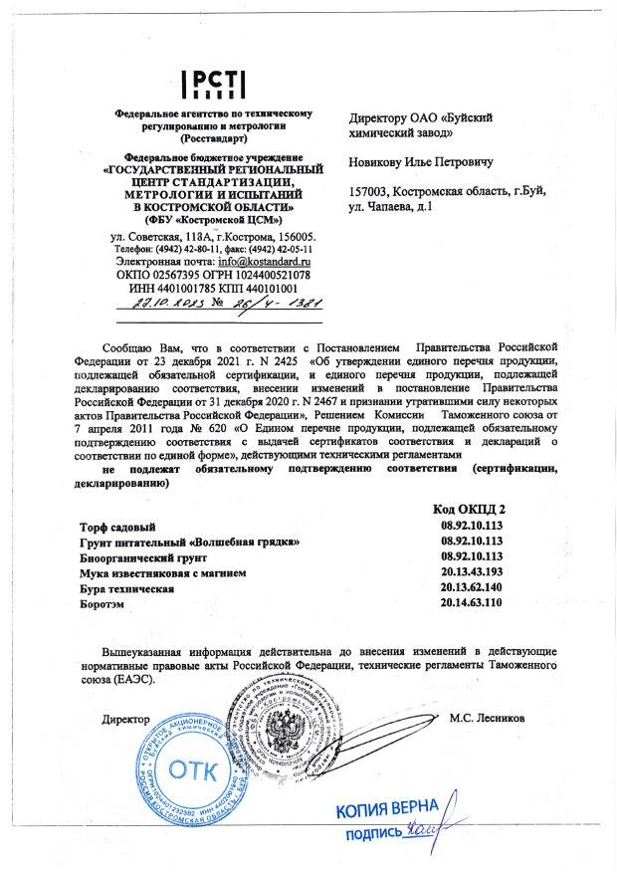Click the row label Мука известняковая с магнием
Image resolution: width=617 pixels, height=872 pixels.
pos(158,573)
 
